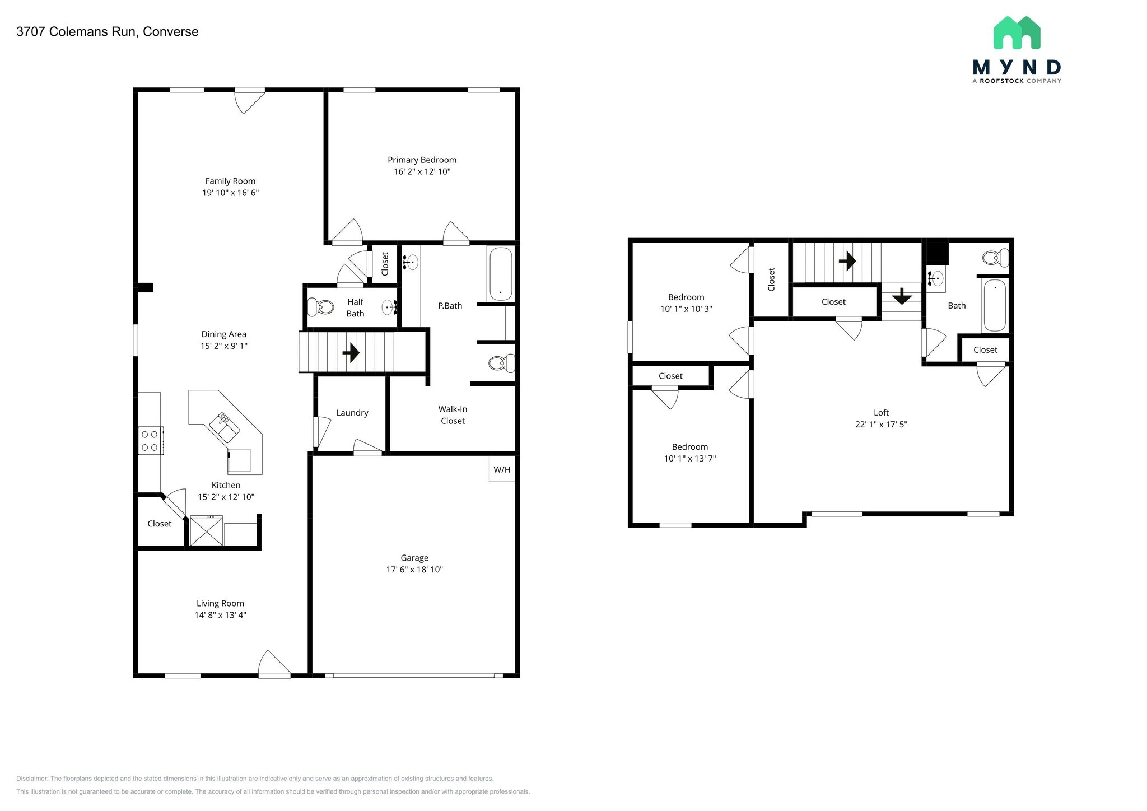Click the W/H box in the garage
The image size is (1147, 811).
pyautogui.click(x=502, y=469)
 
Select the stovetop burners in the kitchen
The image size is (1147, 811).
pyautogui.click(x=150, y=440)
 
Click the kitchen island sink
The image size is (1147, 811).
pyautogui.click(x=225, y=427)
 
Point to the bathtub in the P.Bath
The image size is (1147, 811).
pyautogui.click(x=500, y=274)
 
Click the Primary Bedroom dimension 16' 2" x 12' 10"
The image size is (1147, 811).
pyautogui.click(x=422, y=171)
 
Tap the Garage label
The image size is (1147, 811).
pyautogui.click(x=414, y=558)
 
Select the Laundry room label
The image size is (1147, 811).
pyautogui.click(x=352, y=413)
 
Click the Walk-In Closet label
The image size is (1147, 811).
pyautogui.click(x=453, y=415)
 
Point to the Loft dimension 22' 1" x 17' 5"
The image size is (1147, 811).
pyautogui.click(x=881, y=425)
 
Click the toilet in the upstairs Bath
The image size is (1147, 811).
pyautogui.click(x=995, y=258)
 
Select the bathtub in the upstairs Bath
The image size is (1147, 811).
pyautogui.click(x=995, y=305)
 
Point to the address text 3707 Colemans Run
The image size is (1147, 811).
pyautogui.click(x=108, y=31)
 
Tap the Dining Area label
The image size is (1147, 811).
pyautogui.click(x=223, y=334)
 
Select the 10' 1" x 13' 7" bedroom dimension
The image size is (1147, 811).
pyautogui.click(x=690, y=459)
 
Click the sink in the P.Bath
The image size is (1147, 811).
pyautogui.click(x=411, y=261)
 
